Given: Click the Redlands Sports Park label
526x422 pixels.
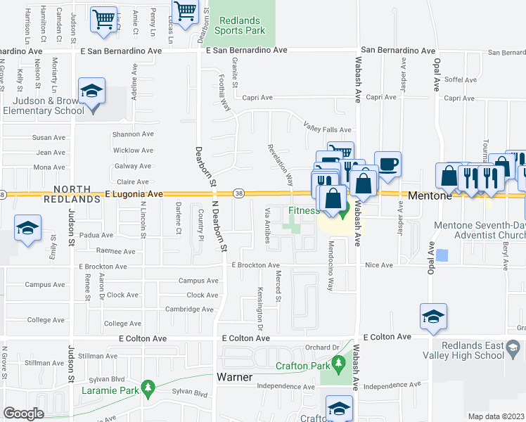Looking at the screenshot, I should [x=239, y=25].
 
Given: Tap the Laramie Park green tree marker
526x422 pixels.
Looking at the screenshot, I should [x=148, y=387].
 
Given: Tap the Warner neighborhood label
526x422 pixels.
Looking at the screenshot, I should [x=235, y=377].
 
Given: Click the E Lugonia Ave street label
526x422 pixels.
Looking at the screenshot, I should [x=134, y=193].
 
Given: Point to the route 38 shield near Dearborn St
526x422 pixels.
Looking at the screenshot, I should [x=239, y=193].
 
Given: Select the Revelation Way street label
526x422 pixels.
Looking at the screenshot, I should [x=280, y=165].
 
